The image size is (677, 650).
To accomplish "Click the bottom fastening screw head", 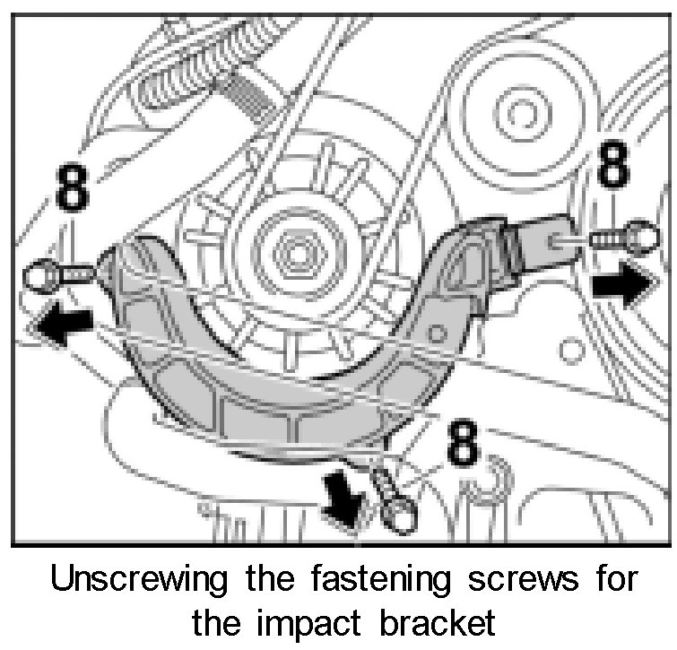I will tap(397, 512).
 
